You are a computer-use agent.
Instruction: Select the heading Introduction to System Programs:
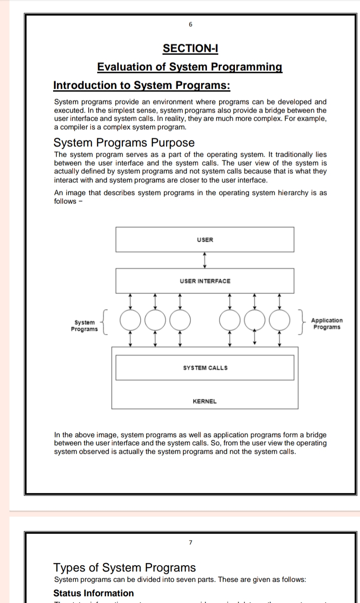[x=142, y=85]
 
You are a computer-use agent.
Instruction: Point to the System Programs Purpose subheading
[x=124, y=143]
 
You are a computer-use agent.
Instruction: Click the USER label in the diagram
[x=205, y=239]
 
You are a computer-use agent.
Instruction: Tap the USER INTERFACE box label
[x=205, y=281]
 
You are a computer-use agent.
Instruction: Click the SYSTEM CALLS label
[x=205, y=368]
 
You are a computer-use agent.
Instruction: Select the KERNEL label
[x=205, y=401]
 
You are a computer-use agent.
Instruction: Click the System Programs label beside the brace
[x=84, y=326]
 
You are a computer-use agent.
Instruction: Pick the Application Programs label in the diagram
[x=327, y=324]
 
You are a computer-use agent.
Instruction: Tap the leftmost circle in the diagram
[x=131, y=320]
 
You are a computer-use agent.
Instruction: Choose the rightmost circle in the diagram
[x=279, y=320]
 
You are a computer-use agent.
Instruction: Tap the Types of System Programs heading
[x=125, y=567]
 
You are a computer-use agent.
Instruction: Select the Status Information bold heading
[x=94, y=593]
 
